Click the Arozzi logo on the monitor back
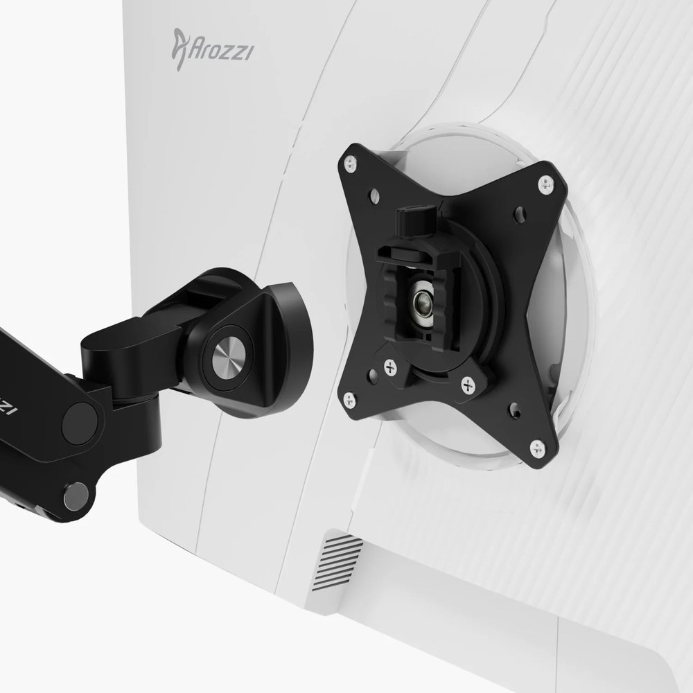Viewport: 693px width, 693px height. coord(212,51)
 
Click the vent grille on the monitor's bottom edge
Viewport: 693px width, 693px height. coord(342,558)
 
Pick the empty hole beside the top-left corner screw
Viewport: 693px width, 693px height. coord(374,194)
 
